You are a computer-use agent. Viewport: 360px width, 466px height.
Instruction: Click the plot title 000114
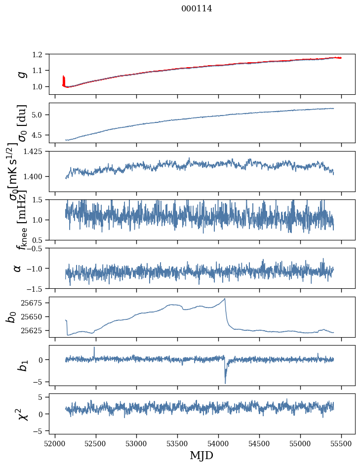(197, 9)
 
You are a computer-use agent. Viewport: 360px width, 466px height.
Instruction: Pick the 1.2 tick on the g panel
(41, 54)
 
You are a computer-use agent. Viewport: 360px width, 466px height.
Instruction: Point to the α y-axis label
(18, 268)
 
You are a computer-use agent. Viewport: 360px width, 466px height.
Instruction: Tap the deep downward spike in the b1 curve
(225, 383)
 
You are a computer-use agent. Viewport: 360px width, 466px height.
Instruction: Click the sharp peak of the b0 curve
(225, 299)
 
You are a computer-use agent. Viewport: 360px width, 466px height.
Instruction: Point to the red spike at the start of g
(64, 78)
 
